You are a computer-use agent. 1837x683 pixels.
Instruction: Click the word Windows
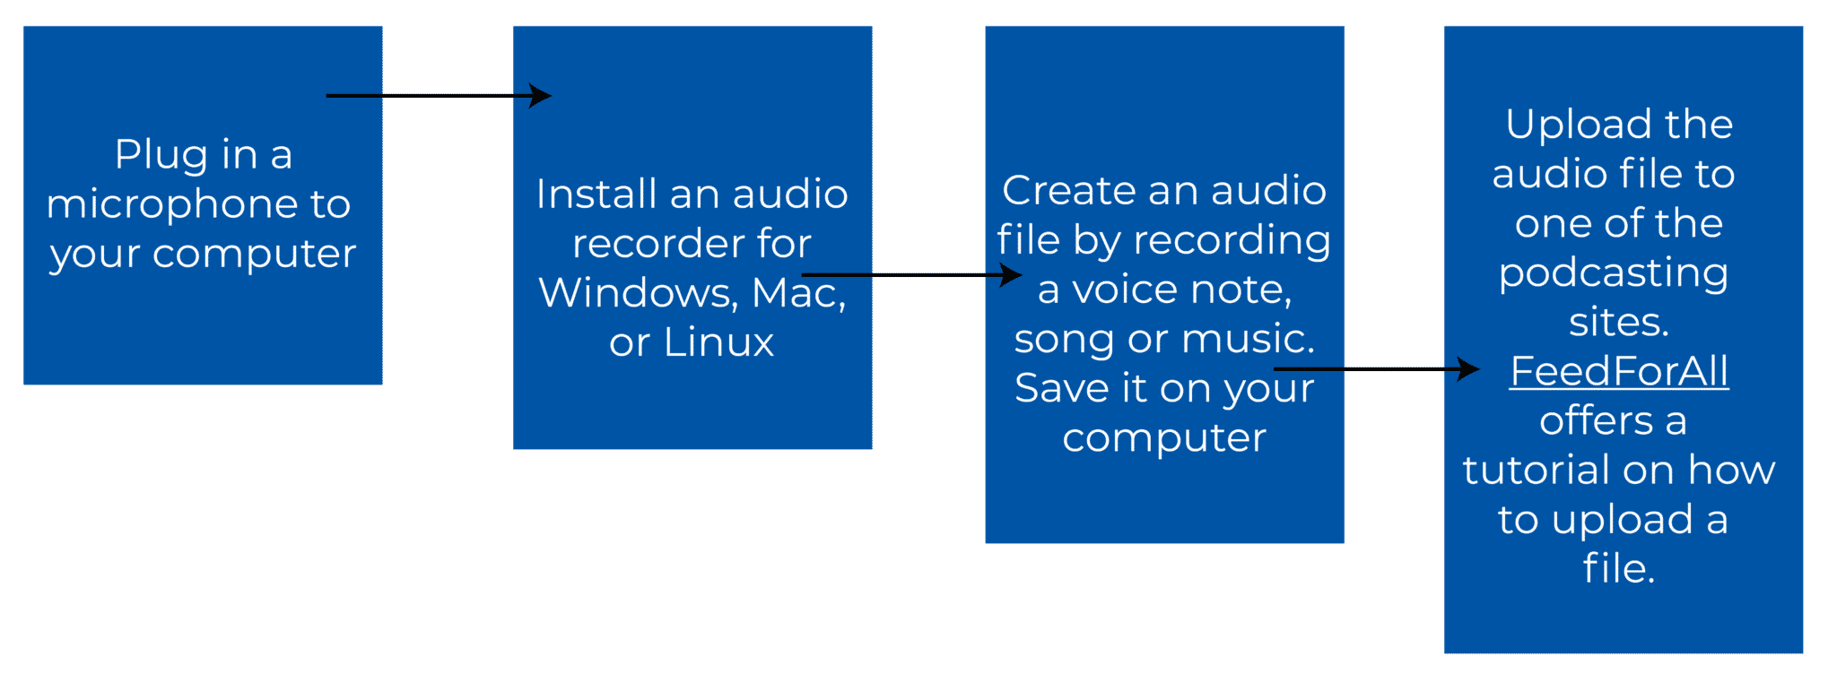[x=638, y=293]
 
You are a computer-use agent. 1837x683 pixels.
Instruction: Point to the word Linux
[x=718, y=342]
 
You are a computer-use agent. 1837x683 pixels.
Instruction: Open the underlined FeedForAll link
[x=1619, y=371]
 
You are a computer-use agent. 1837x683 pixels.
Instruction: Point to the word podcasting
[x=1614, y=273]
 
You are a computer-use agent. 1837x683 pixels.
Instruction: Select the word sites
[x=1618, y=323]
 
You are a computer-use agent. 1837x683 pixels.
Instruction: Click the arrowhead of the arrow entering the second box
[x=541, y=95]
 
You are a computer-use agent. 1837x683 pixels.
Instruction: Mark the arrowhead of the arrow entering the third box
[x=1013, y=274]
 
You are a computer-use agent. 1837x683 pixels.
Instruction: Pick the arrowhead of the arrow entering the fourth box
[x=1469, y=368]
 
